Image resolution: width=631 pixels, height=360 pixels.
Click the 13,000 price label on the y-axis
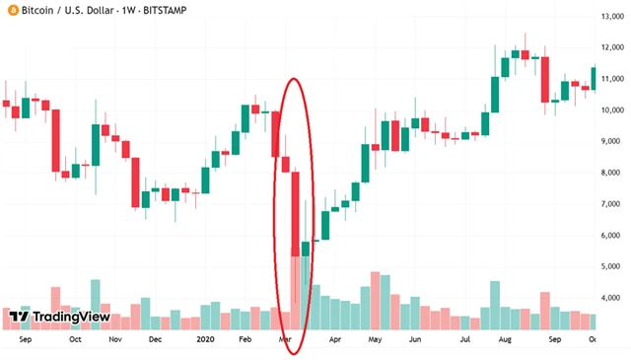tap(611, 17)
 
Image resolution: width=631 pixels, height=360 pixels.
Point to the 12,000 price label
tap(611, 47)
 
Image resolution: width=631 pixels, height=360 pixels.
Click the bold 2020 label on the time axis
tap(204, 340)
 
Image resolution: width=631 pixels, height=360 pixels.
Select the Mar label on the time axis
tap(285, 340)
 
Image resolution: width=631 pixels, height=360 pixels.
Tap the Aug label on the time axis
tap(505, 340)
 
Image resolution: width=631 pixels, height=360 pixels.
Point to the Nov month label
tap(115, 340)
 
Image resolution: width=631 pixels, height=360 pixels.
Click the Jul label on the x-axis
tap(464, 340)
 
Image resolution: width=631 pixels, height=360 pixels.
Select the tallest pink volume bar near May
tap(375, 301)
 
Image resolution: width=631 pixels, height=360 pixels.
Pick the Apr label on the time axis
tap(335, 340)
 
